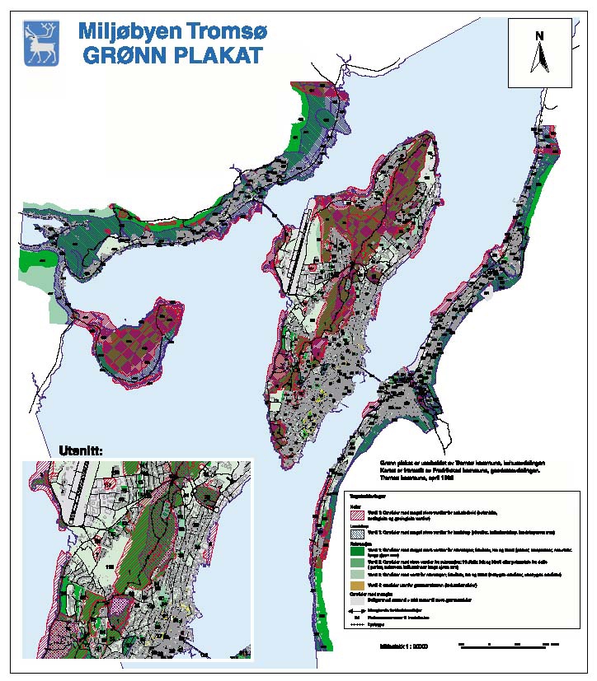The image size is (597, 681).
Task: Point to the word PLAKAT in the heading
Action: pyautogui.click(x=219, y=57)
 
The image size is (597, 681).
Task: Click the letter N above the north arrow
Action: pyautogui.click(x=539, y=35)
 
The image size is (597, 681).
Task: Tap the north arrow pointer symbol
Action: pyautogui.click(x=539, y=58)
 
